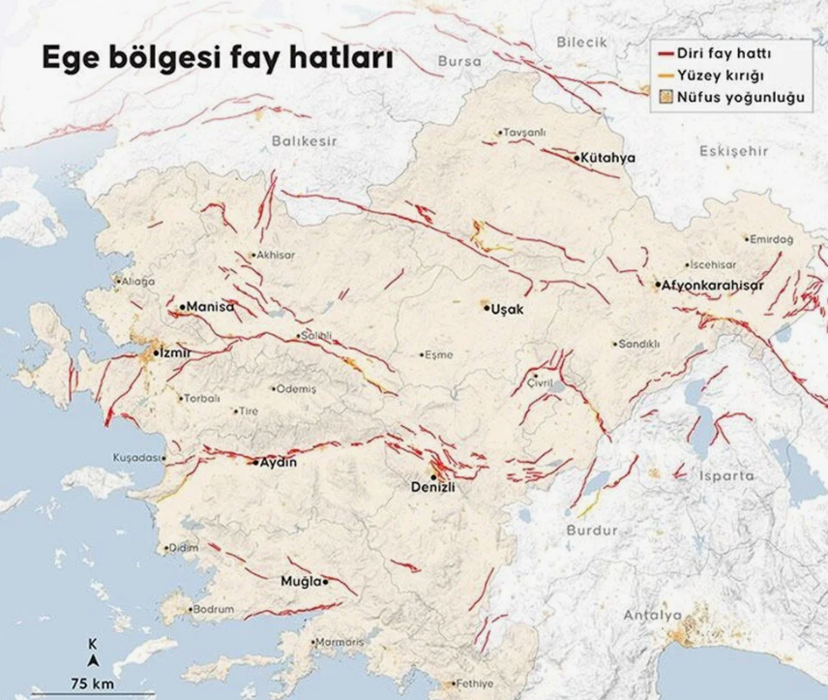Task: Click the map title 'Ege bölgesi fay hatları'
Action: click(217, 59)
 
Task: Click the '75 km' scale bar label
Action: click(93, 684)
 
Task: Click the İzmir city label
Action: click(175, 354)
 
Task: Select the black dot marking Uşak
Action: click(487, 306)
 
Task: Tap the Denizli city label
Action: click(429, 488)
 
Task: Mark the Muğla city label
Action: click(301, 581)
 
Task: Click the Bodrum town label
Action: click(214, 610)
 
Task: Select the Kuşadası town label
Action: click(134, 456)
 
